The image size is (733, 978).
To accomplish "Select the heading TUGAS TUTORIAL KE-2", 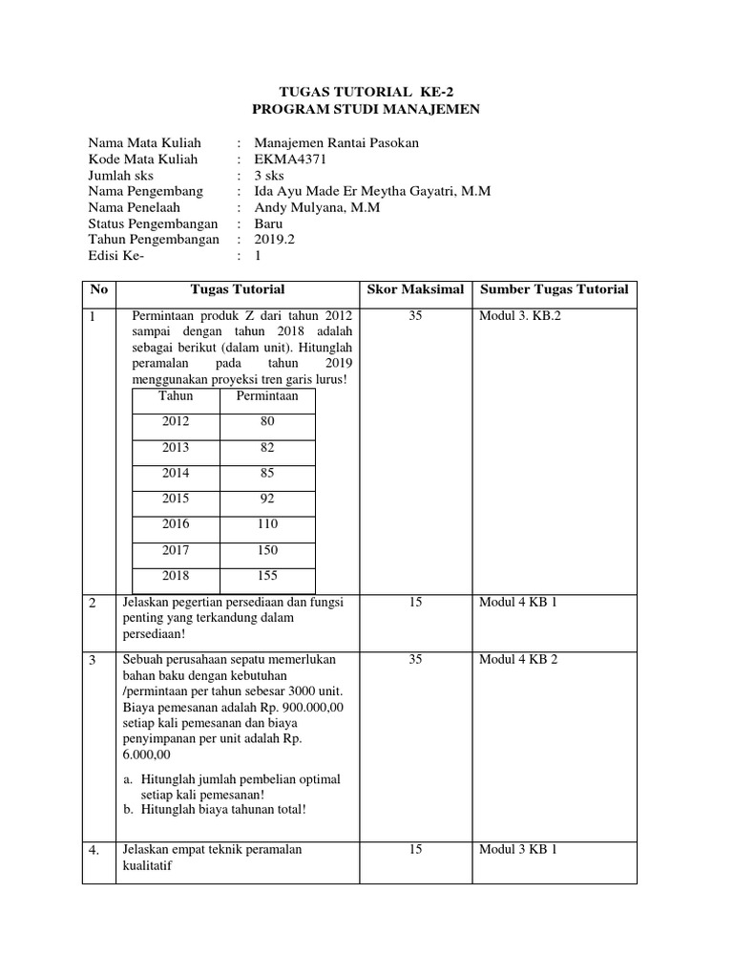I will [366, 93].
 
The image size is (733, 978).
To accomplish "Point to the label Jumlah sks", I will [120, 175].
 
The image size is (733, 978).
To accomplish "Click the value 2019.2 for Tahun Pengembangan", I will [275, 240].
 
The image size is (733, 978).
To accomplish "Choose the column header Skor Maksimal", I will [415, 289].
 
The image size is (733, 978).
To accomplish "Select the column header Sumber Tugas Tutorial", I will [554, 289].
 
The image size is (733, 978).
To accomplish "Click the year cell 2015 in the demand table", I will [176, 499].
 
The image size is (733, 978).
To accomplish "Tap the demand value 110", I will [267, 524].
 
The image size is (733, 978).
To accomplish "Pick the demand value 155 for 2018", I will [267, 576].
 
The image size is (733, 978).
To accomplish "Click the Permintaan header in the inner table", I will [268, 395].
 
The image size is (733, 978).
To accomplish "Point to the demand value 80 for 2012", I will [267, 421].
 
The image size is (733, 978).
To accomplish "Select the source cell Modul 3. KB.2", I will [520, 316].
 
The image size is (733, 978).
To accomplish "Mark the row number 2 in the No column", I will [94, 604].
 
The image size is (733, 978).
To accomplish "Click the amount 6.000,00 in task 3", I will [150, 753].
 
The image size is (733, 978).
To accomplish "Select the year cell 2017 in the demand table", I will [176, 550].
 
